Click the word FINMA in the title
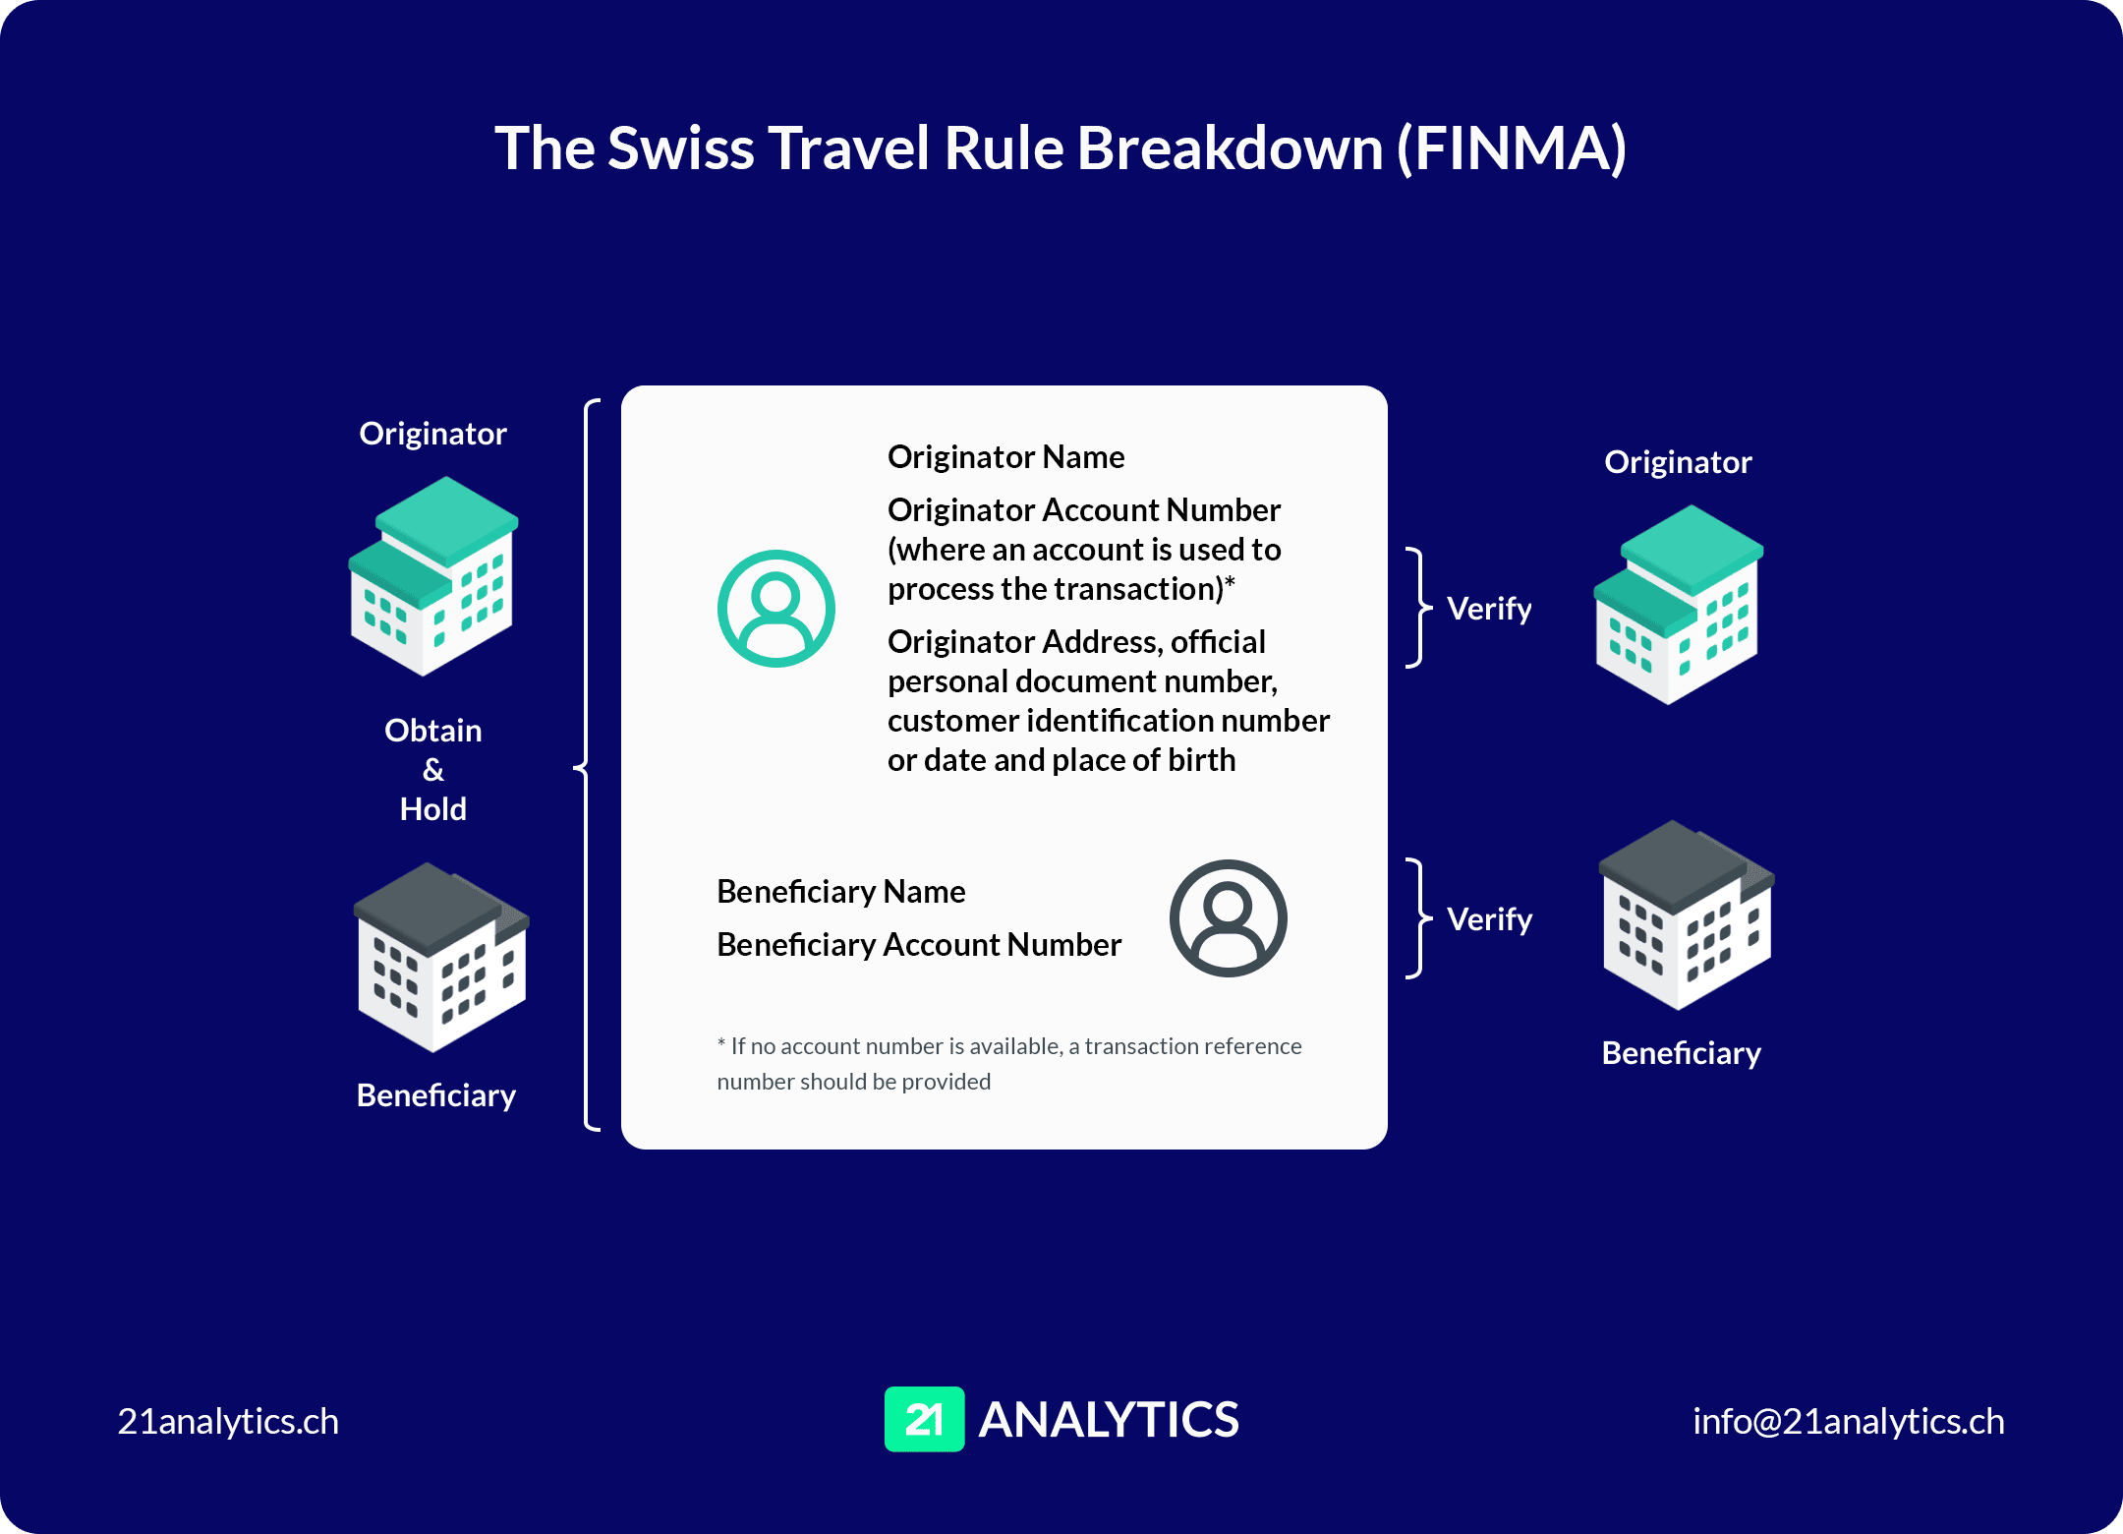click(1512, 148)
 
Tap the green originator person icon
click(775, 609)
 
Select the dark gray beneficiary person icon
click(1228, 918)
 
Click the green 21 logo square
click(924, 1419)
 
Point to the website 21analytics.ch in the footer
click(228, 1422)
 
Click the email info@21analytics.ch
click(1848, 1422)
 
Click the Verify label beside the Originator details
click(1489, 609)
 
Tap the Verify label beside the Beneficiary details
click(1489, 919)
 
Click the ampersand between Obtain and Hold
click(433, 770)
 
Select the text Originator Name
click(1005, 457)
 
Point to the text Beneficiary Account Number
click(919, 945)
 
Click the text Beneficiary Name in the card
click(840, 892)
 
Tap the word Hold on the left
click(433, 809)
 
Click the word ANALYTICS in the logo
click(1109, 1420)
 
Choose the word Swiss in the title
click(680, 148)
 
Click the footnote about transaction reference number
click(1009, 1064)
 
